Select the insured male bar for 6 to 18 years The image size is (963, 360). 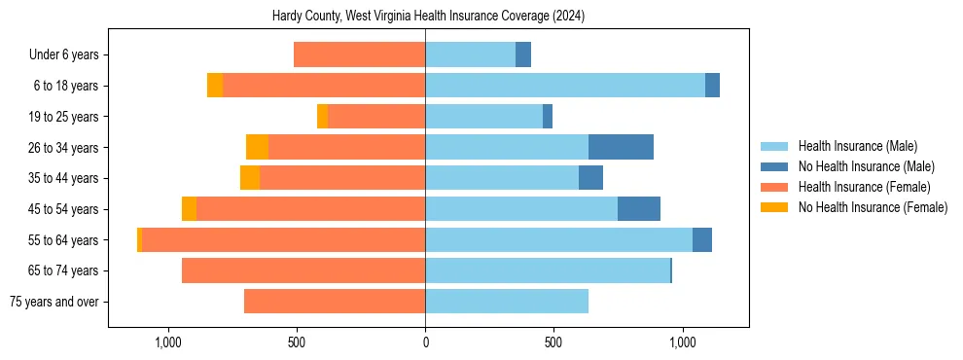coord(564,86)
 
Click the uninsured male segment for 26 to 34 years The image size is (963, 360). coord(621,147)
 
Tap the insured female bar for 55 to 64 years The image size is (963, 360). coord(283,239)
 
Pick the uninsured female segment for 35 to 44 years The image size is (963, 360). coord(250,178)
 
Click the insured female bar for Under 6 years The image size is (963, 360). coord(359,54)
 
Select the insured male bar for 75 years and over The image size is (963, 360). coord(506,302)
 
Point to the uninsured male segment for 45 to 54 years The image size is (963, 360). coord(638,209)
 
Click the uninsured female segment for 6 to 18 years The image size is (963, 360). coord(215,86)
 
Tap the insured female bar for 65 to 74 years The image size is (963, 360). coord(303,270)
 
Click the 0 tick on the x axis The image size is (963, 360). coord(425,342)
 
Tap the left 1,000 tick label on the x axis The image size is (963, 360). coord(168,342)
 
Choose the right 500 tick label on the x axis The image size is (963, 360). coord(553,342)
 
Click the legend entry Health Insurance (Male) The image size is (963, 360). coord(857,146)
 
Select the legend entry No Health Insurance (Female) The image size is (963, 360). coord(873,207)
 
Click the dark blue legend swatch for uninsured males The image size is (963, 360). coord(774,166)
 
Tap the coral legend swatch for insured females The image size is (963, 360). coord(774,187)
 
